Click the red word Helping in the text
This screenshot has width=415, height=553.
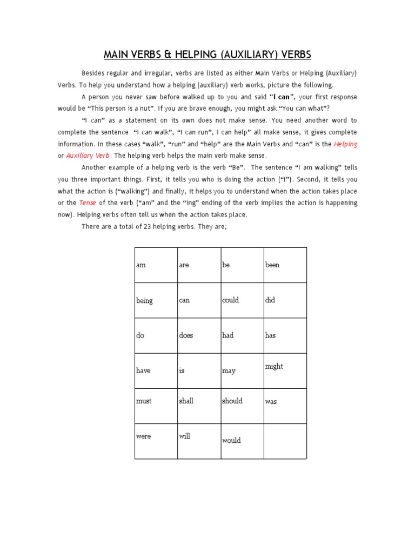coord(345,144)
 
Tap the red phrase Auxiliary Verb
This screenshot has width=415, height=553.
coord(88,156)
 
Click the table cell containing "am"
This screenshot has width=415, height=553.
coord(156,265)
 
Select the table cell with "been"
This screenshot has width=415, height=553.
coord(285,265)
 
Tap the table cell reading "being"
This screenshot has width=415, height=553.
coord(156,300)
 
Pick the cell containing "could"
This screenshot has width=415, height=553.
coord(242,300)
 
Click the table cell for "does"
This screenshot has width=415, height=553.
coord(199,335)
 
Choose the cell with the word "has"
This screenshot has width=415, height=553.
coord(285,335)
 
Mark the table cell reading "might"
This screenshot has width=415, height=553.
coord(285,370)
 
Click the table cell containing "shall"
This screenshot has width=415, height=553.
coord(199,406)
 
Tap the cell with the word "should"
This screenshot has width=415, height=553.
coord(242,406)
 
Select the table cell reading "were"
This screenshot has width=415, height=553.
coord(156,441)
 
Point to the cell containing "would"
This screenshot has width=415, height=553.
coord(242,441)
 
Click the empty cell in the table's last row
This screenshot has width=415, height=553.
coord(285,441)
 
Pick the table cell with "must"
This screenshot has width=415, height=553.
coord(156,406)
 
